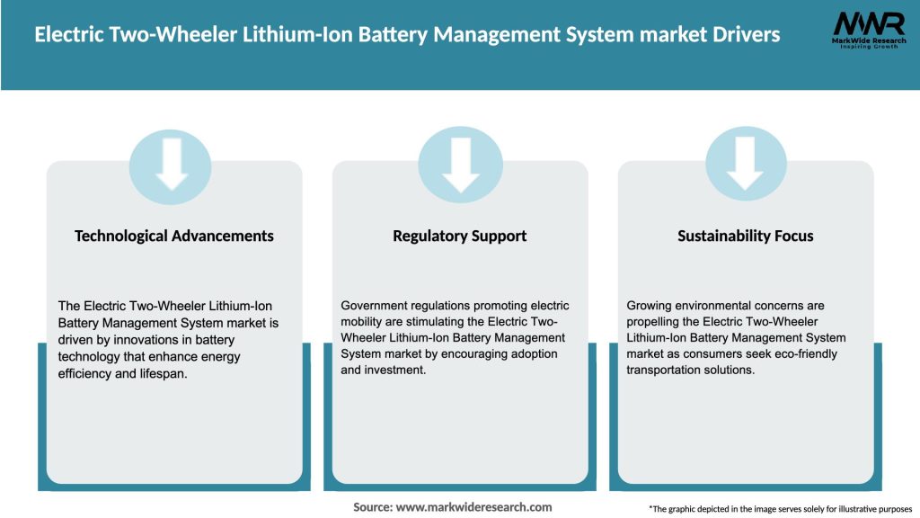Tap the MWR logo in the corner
[x=868, y=31]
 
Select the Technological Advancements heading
[x=174, y=236]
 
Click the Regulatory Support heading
[x=459, y=236]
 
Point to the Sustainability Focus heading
[x=745, y=236]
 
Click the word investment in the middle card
[x=397, y=371]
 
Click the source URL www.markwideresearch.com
[x=473, y=507]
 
